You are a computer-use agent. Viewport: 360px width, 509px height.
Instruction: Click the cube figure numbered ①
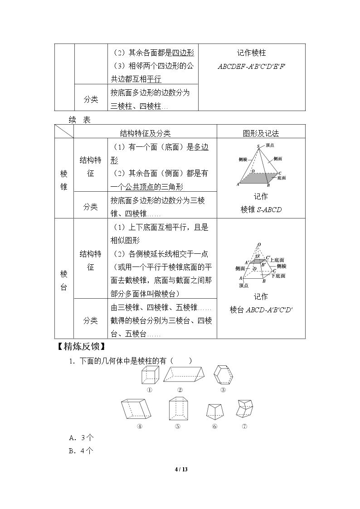150,376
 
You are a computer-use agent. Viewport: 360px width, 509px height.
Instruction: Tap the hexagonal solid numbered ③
224,375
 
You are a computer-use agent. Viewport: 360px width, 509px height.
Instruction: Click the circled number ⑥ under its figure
214,427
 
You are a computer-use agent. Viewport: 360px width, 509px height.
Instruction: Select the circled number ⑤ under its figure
178,427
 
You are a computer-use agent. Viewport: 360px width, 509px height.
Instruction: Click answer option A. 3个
81,437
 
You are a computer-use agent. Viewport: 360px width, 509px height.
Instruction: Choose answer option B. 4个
81,451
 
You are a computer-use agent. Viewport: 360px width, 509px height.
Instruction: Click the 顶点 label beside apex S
270,145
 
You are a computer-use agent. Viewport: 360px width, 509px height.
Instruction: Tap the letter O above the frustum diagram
259,244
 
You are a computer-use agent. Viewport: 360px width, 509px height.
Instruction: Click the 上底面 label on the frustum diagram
277,260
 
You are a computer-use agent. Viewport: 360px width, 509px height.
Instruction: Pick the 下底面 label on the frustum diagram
278,276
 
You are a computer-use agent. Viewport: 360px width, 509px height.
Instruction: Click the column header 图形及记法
261,133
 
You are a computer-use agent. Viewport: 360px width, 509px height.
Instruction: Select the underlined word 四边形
183,53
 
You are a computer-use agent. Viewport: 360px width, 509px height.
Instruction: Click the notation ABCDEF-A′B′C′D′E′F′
252,67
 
